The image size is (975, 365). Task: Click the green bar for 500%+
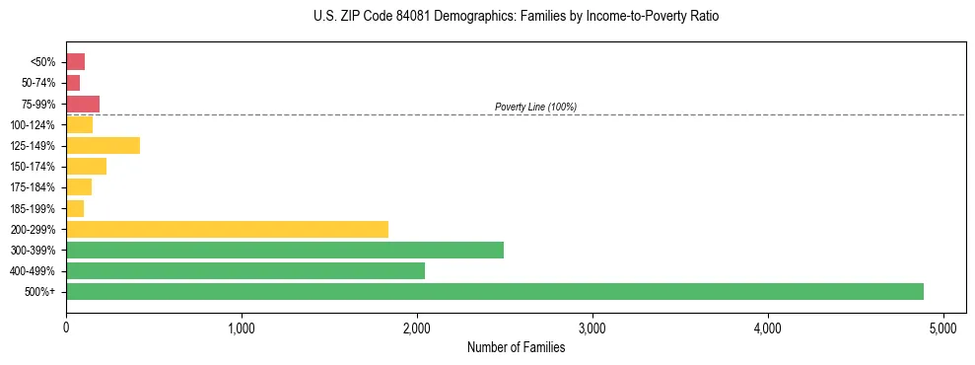coord(494,291)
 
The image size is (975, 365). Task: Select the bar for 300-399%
coord(284,250)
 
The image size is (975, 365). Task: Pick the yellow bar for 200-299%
coord(227,229)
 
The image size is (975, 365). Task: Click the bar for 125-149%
coord(103,146)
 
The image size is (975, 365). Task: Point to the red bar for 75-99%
coord(83,104)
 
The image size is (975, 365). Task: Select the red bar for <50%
coord(75,62)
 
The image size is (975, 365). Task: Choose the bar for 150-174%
coord(86,167)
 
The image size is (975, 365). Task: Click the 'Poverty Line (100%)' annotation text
coord(535,107)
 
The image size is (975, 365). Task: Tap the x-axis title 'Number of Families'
coord(516,347)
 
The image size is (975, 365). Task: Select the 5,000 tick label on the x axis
coord(943,328)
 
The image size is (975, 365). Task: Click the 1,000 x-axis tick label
coord(242,328)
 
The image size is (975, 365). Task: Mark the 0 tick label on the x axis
coord(66,328)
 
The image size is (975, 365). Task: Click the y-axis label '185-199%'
coord(34,208)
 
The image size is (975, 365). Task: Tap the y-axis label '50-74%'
coord(38,83)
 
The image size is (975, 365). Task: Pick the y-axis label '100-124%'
coord(34,125)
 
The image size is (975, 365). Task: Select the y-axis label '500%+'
coord(41,292)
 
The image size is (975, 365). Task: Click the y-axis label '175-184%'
coord(34,187)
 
